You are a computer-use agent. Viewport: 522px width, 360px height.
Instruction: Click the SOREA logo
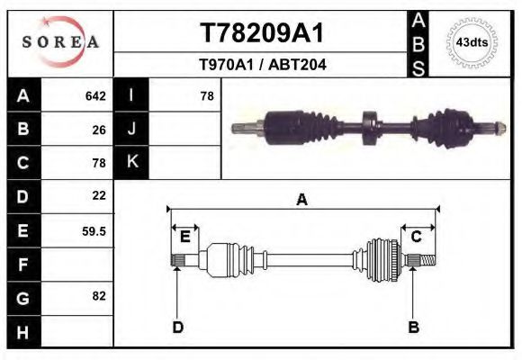click(59, 42)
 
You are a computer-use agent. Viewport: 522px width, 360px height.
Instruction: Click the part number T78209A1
click(261, 33)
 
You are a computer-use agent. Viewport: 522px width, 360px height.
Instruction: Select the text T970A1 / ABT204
click(262, 65)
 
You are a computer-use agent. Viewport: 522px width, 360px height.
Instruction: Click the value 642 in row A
click(95, 95)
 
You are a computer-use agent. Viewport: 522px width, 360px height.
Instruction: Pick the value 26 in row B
click(99, 129)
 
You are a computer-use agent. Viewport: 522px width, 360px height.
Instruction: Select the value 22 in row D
click(99, 195)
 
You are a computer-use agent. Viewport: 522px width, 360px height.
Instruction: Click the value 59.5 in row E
click(94, 231)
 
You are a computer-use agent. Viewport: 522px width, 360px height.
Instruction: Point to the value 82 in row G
click(99, 296)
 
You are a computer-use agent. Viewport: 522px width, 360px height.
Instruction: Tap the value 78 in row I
click(206, 95)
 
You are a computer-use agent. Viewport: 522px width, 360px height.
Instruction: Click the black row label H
click(22, 332)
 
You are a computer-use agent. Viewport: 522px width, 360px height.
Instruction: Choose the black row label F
click(22, 265)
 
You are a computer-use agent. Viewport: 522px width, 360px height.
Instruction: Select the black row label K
click(131, 161)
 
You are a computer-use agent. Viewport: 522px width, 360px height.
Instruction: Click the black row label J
click(131, 129)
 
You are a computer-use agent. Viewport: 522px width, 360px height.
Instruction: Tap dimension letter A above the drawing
click(301, 200)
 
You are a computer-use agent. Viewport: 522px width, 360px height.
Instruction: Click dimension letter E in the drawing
click(184, 237)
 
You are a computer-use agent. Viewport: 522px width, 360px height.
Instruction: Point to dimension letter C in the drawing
click(417, 237)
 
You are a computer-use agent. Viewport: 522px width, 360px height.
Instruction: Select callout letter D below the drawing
click(177, 327)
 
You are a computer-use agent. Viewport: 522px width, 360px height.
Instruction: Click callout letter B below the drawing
click(413, 327)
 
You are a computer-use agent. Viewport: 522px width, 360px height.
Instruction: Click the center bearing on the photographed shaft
click(367, 129)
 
